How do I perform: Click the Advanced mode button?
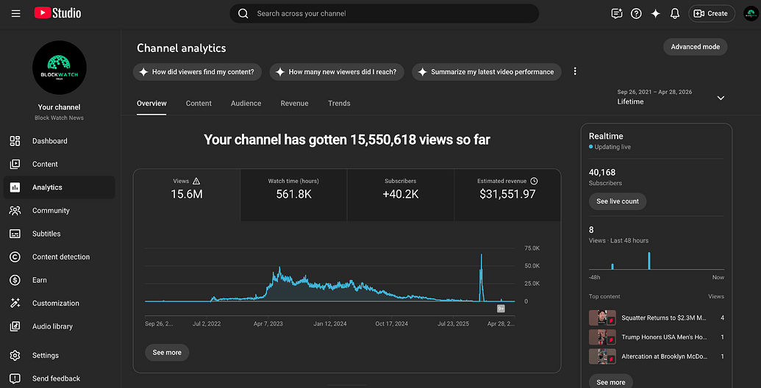pos(695,47)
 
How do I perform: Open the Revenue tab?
pos(294,104)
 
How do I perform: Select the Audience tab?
pos(246,104)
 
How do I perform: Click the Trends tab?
pos(339,104)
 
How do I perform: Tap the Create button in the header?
pos(712,13)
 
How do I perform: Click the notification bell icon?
pos(675,13)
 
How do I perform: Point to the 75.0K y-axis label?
pos(532,248)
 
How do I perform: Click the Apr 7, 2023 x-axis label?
pos(268,323)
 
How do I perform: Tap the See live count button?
pos(618,201)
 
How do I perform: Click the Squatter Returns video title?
pos(664,318)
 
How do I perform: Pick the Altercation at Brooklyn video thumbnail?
pos(602,356)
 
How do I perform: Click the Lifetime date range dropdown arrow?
pos(721,98)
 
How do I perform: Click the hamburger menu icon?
pos(16,13)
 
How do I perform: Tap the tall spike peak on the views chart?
pos(482,254)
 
